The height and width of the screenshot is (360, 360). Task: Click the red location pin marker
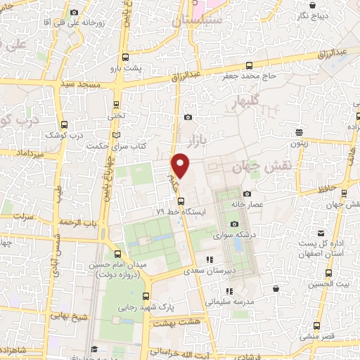[181, 165]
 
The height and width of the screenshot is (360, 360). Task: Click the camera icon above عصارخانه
[247, 193]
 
